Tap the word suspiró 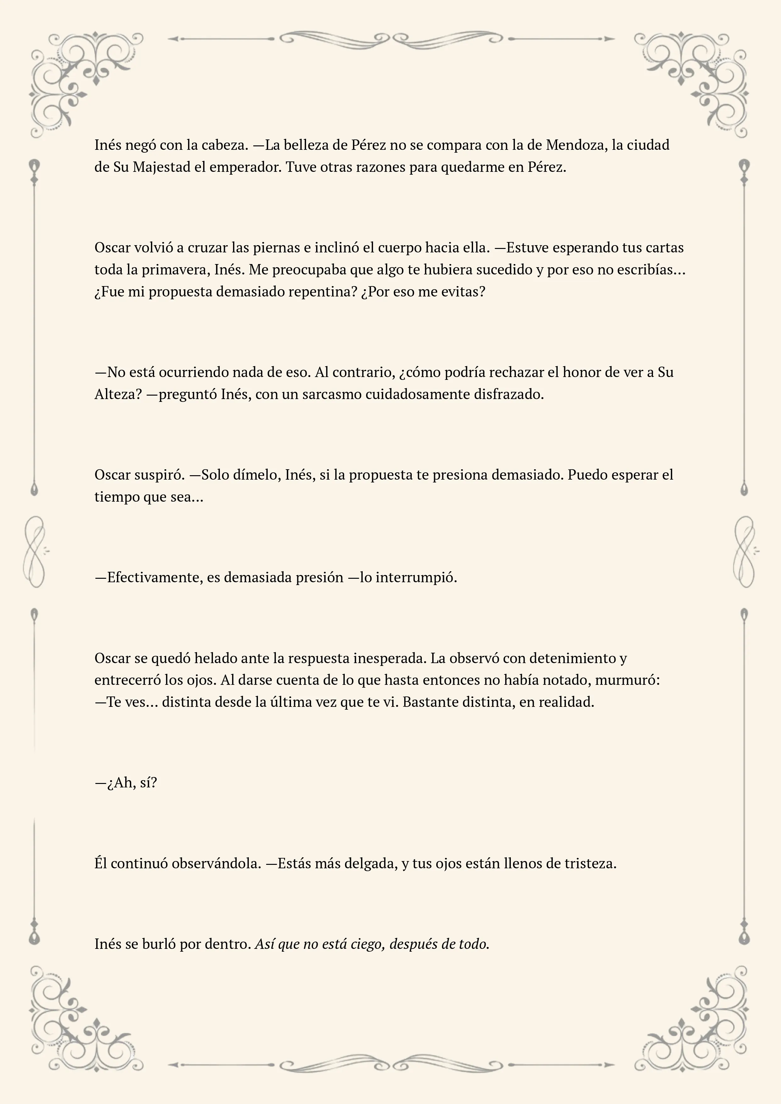[x=159, y=475]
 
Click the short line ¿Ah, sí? [x=126, y=783]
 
